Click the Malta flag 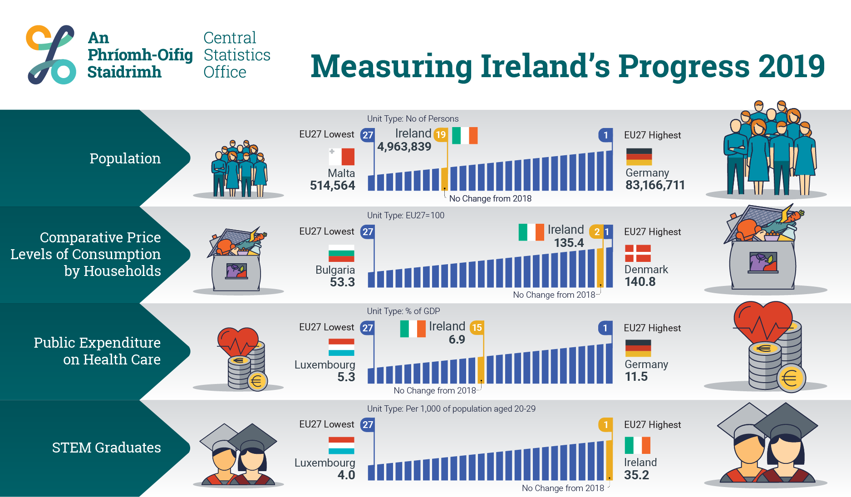coord(341,157)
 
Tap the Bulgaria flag coord(341,253)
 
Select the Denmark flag coord(638,253)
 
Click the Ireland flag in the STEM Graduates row coord(638,445)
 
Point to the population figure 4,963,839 coord(404,147)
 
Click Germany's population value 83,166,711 coord(655,185)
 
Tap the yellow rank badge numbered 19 coord(441,135)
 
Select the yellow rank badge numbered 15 coord(477,327)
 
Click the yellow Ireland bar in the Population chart coord(445,179)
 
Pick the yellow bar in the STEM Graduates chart coord(609,460)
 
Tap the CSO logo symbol coord(51,54)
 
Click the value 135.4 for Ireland coord(569,243)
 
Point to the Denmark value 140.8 coord(640,282)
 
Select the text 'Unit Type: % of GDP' coord(403,311)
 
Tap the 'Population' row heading coord(125,158)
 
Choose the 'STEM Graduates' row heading coord(106,448)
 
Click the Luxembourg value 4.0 coord(346,475)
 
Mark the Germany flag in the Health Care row coord(638,348)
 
